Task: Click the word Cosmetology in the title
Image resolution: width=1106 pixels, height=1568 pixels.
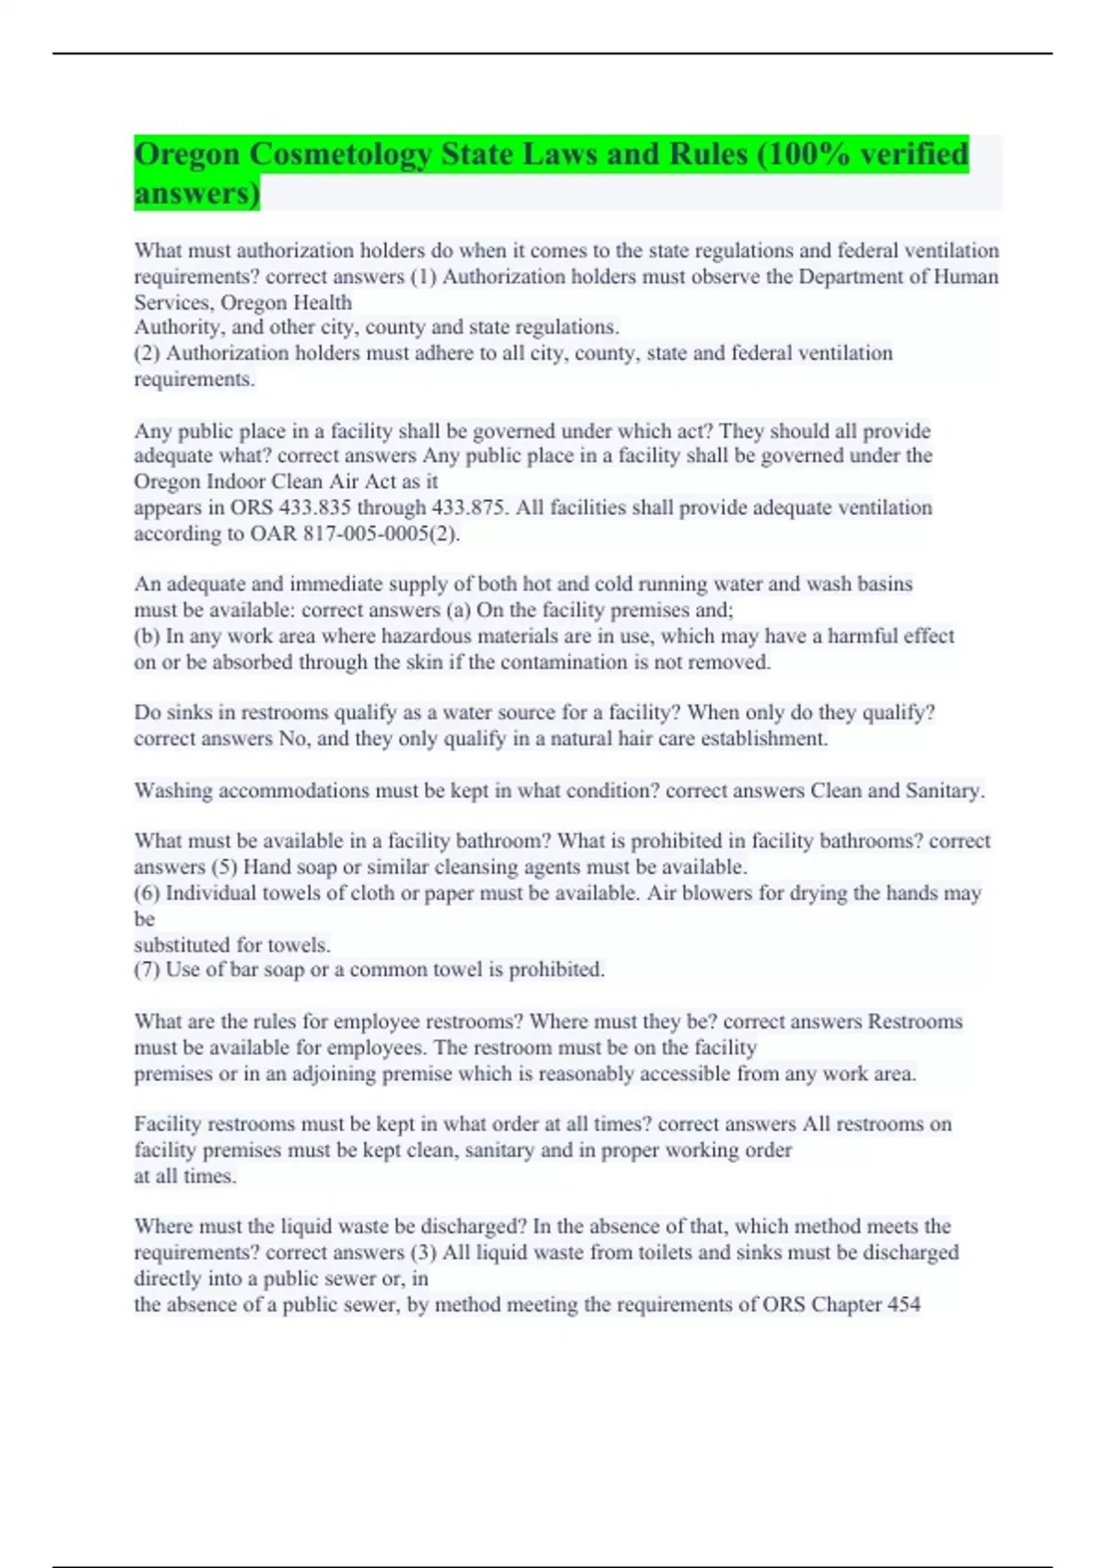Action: point(340,155)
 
